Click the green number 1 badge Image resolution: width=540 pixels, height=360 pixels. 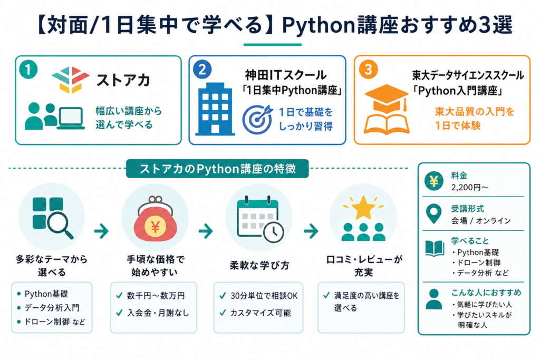28,70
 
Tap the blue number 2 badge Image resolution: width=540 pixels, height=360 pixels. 202,70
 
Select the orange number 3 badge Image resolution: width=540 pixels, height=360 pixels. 368,70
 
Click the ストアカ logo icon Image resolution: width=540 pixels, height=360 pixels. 71,80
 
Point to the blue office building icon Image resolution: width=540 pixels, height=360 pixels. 215,109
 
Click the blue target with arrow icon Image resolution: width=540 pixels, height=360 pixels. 257,119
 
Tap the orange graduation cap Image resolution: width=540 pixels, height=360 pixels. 387,99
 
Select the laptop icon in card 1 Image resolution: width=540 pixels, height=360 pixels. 71,118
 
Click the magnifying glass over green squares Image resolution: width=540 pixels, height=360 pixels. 61,226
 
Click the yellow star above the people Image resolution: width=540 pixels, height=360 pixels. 363,207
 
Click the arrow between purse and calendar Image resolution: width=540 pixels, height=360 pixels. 206,231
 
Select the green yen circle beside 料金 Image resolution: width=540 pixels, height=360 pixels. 433,181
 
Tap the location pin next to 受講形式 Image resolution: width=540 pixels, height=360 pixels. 433,213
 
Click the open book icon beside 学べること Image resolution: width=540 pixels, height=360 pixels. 435,248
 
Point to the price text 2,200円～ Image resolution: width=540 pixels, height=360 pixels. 469,187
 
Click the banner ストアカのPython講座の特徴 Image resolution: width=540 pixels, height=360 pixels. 217,169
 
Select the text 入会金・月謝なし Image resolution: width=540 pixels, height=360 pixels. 158,313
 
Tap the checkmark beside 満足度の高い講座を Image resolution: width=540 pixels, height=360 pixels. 326,295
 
